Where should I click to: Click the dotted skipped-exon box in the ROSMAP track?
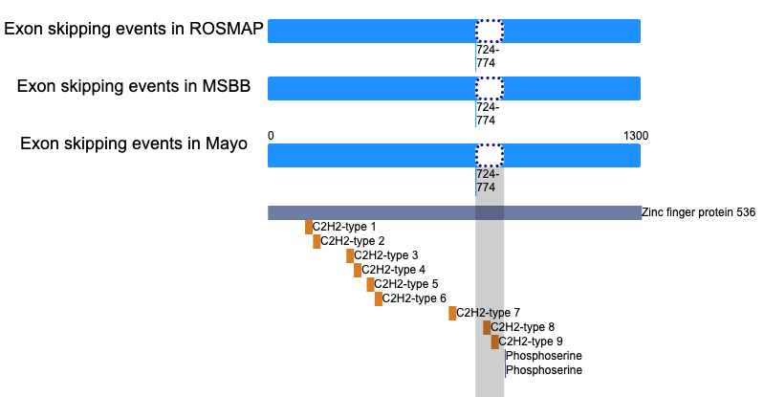(x=490, y=32)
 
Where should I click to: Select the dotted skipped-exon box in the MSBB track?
(x=490, y=88)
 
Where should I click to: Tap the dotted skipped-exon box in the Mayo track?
(x=490, y=156)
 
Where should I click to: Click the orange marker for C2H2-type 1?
(x=309, y=228)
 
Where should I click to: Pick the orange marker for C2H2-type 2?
(x=317, y=241)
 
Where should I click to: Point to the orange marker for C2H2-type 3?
(x=350, y=255)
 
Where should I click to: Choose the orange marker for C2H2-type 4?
(x=358, y=270)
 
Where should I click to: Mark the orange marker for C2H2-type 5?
(x=370, y=284)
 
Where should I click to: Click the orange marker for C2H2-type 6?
(x=379, y=299)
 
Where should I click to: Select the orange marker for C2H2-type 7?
(x=452, y=313)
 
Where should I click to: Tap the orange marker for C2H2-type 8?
(x=487, y=328)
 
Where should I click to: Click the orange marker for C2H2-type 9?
(x=495, y=342)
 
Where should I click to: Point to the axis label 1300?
(x=636, y=136)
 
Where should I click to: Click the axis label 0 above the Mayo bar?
(x=271, y=136)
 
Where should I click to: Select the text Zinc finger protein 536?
(x=698, y=212)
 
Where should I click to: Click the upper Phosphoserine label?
(x=544, y=356)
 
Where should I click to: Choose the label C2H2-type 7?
(x=489, y=313)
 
